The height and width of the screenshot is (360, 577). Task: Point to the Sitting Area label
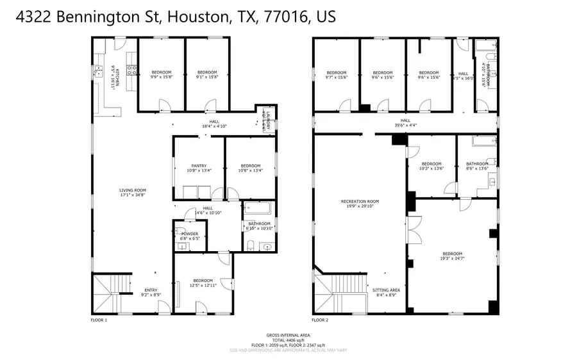click(385, 291)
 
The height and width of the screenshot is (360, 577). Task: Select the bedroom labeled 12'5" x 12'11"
click(203, 282)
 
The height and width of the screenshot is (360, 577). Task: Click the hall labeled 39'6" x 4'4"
click(405, 122)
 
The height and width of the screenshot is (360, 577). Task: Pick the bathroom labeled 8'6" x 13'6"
click(477, 166)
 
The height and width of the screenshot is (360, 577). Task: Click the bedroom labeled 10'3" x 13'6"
click(431, 166)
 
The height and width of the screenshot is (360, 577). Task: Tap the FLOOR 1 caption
click(99, 319)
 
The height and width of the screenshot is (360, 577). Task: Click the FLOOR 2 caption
click(321, 319)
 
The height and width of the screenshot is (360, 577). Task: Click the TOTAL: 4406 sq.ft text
click(288, 340)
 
